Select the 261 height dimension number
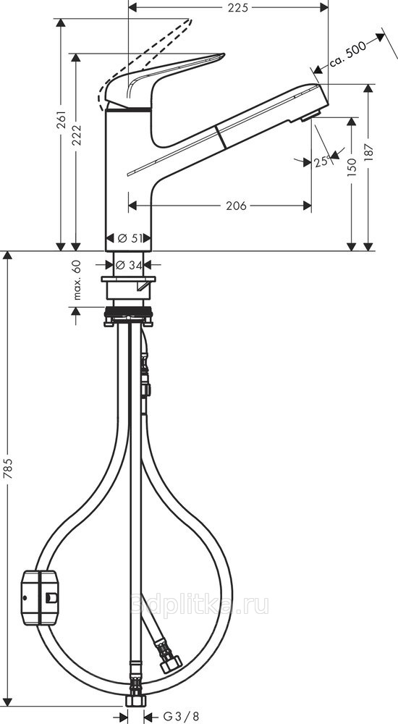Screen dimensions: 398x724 click(x=62, y=119)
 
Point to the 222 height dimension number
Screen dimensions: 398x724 click(x=77, y=135)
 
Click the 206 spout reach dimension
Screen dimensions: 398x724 click(x=236, y=206)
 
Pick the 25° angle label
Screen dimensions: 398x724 click(x=322, y=161)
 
